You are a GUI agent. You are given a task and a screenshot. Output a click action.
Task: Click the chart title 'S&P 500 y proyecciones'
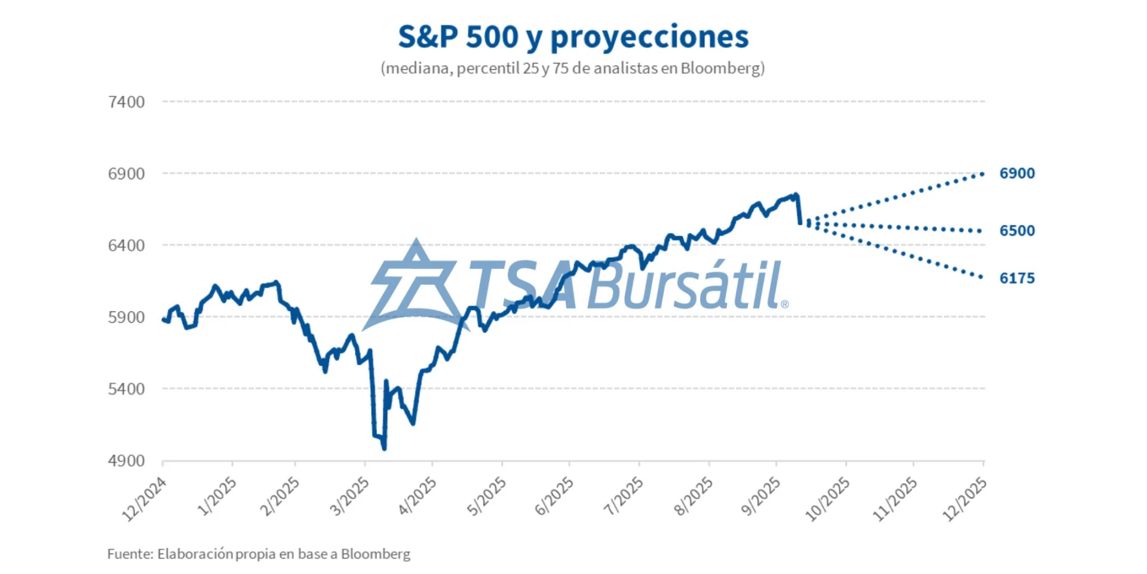pos(573,37)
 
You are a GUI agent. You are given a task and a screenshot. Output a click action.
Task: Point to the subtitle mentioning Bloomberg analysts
pos(572,68)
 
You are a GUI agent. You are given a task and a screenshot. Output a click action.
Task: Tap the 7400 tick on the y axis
pos(126,102)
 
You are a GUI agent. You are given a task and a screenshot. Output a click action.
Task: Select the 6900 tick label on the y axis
pos(126,174)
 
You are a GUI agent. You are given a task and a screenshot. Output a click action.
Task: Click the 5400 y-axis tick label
pos(126,389)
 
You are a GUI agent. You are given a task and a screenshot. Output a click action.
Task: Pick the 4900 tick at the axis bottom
pos(126,461)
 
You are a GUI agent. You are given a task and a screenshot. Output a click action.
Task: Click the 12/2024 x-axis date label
pos(145,499)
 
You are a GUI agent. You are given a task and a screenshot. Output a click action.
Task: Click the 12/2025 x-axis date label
pos(964,499)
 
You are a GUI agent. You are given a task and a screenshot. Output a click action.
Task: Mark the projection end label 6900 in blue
pos(1017,173)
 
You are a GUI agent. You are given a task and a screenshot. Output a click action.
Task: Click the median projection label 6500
pos(1017,231)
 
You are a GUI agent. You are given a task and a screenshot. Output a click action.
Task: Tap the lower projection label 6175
pos(1017,278)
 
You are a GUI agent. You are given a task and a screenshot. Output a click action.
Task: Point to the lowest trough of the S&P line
pos(384,448)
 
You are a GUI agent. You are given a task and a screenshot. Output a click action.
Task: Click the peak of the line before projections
pos(796,194)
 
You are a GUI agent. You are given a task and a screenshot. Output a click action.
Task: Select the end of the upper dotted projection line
pos(982,174)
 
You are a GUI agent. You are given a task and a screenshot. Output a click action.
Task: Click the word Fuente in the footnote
pos(130,554)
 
